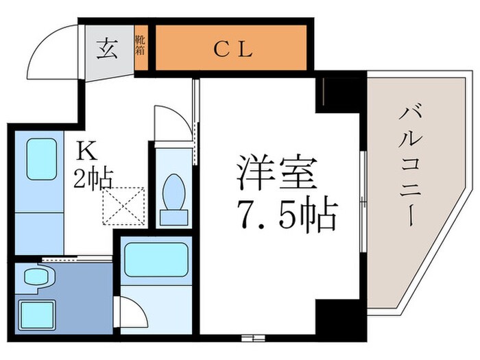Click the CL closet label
[x=233, y=49]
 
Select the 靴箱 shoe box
[x=141, y=49]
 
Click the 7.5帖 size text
[x=287, y=215]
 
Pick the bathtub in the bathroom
[x=156, y=259]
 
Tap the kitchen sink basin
[x=41, y=159]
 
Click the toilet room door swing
[x=167, y=123]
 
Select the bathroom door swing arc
[x=134, y=312]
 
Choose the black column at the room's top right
[x=339, y=93]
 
